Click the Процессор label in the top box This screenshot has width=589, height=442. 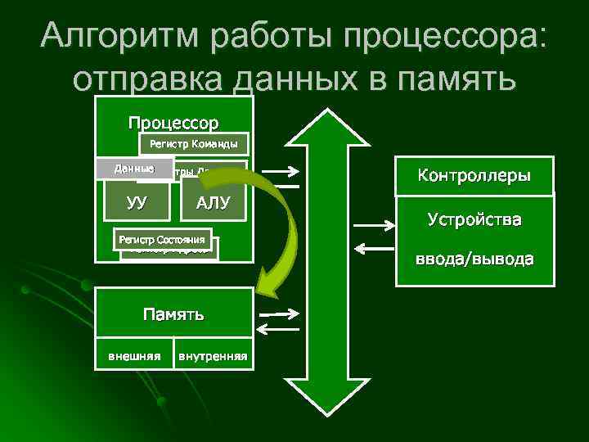click(173, 124)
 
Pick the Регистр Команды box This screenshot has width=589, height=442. click(194, 145)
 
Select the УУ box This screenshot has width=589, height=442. click(137, 202)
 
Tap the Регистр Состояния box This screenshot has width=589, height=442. click(165, 239)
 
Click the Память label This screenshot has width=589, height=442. click(173, 313)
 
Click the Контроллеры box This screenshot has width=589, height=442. click(474, 175)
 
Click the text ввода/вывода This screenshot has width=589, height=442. click(474, 259)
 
